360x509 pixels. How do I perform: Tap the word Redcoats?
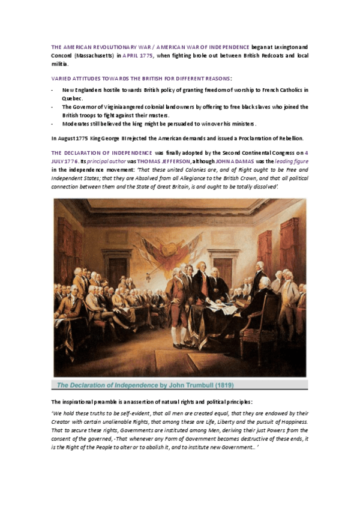(262, 55)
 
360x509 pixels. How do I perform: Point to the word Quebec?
(72, 98)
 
